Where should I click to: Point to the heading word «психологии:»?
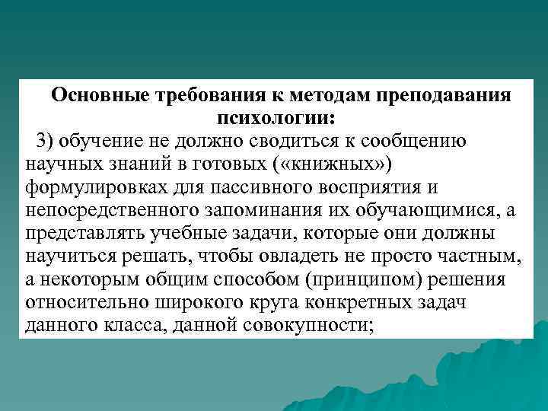point(277,119)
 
